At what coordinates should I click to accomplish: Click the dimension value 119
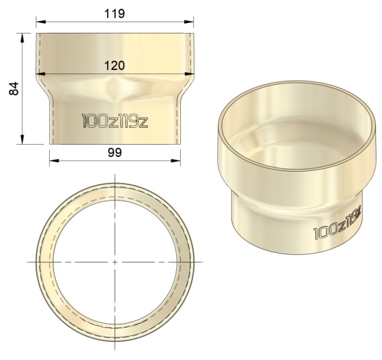114,13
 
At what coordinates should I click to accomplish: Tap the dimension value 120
114,65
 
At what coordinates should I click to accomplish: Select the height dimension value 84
13,88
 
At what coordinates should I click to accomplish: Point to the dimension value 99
115,153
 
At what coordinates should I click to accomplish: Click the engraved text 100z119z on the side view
115,120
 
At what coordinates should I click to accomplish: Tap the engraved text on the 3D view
338,223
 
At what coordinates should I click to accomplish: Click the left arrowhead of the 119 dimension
41,22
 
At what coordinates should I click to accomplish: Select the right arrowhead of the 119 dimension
189,22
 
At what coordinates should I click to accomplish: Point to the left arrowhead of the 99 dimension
54,161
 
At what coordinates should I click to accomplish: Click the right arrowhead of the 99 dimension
176,161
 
